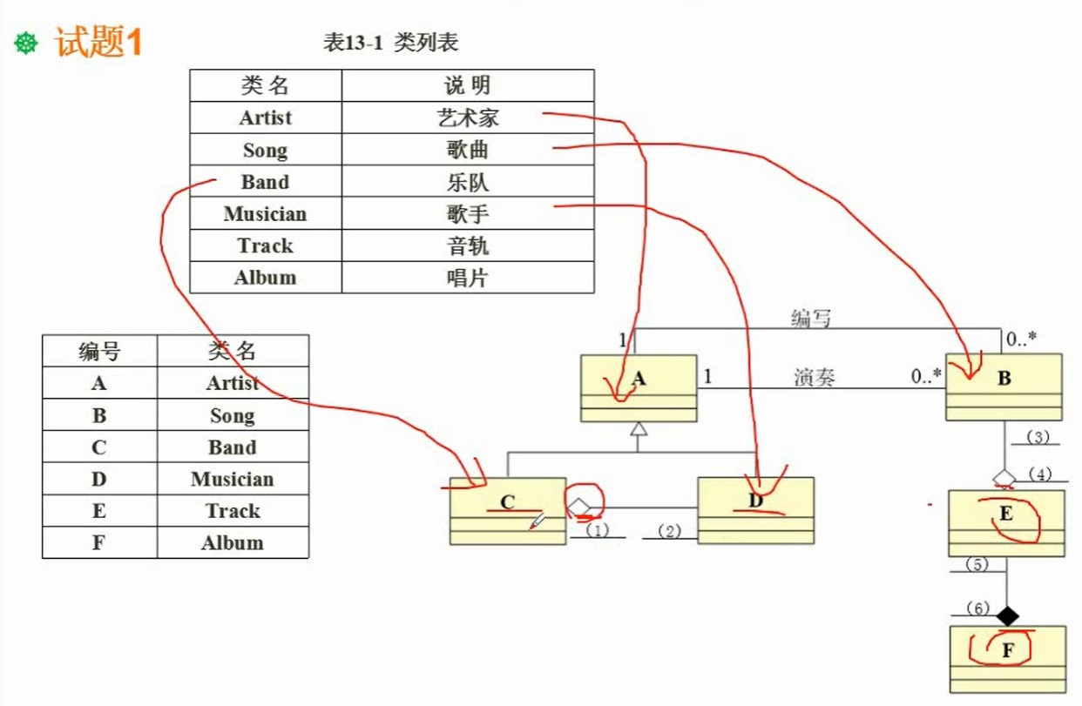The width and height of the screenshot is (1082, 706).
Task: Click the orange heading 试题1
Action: pos(98,42)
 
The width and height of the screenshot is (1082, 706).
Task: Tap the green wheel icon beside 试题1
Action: pos(27,44)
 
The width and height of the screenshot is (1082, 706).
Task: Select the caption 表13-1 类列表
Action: pos(391,43)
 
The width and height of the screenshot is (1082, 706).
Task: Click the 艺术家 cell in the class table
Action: pos(468,118)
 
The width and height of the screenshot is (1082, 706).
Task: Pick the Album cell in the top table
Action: pos(265,278)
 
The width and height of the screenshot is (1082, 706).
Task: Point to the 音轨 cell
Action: pos(468,246)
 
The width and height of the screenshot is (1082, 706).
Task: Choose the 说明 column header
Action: pos(468,85)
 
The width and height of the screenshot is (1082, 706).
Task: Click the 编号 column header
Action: pos(99,351)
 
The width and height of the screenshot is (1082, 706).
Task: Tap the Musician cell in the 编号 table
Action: pos(232,480)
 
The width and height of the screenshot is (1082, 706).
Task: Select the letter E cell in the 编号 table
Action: pos(99,511)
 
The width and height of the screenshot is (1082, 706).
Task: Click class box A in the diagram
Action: pos(639,387)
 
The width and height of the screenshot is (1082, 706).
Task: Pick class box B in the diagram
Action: pos(1004,387)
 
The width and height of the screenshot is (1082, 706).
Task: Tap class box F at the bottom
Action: pos(1008,657)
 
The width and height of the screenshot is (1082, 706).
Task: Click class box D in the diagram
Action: pos(755,509)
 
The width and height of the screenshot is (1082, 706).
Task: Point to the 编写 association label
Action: pos(811,319)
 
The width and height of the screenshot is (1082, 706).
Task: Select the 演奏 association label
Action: pos(815,377)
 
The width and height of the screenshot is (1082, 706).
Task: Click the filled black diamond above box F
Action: pos(1007,616)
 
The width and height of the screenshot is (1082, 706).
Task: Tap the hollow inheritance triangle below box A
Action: pos(639,428)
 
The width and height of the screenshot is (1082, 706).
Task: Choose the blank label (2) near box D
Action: pos(669,531)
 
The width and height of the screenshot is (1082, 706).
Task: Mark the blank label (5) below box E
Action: pos(977,564)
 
